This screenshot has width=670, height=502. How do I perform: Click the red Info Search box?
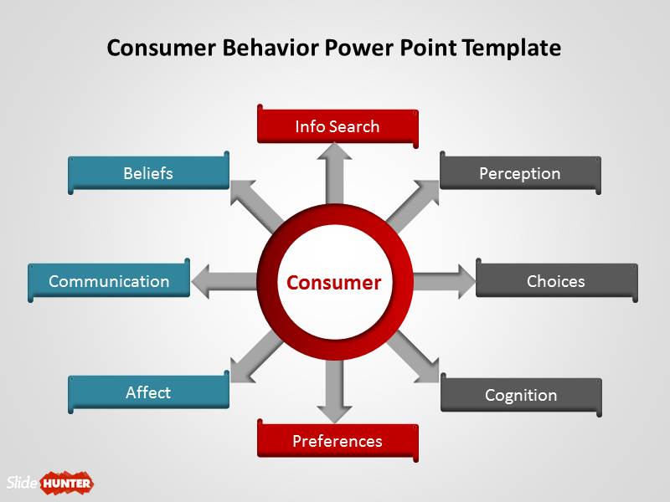pyautogui.click(x=337, y=126)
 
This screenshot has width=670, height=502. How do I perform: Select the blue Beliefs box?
pyautogui.click(x=148, y=173)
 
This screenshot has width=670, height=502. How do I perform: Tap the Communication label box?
pyautogui.click(x=109, y=281)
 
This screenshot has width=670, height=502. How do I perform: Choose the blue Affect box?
pyautogui.click(x=148, y=392)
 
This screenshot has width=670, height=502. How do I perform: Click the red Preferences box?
pyautogui.click(x=337, y=441)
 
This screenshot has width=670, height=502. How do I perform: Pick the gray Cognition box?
pyautogui.click(x=520, y=395)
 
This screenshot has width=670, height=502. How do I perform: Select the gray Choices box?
pyautogui.click(x=555, y=281)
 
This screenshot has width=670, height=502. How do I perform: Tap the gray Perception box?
pyautogui.click(x=519, y=173)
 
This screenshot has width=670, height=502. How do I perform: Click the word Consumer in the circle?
pyautogui.click(x=333, y=283)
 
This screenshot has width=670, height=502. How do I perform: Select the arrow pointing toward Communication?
pyautogui.click(x=222, y=281)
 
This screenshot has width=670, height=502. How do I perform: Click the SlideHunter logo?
pyautogui.click(x=50, y=482)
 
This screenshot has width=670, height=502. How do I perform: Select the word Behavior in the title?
pyautogui.click(x=270, y=48)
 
